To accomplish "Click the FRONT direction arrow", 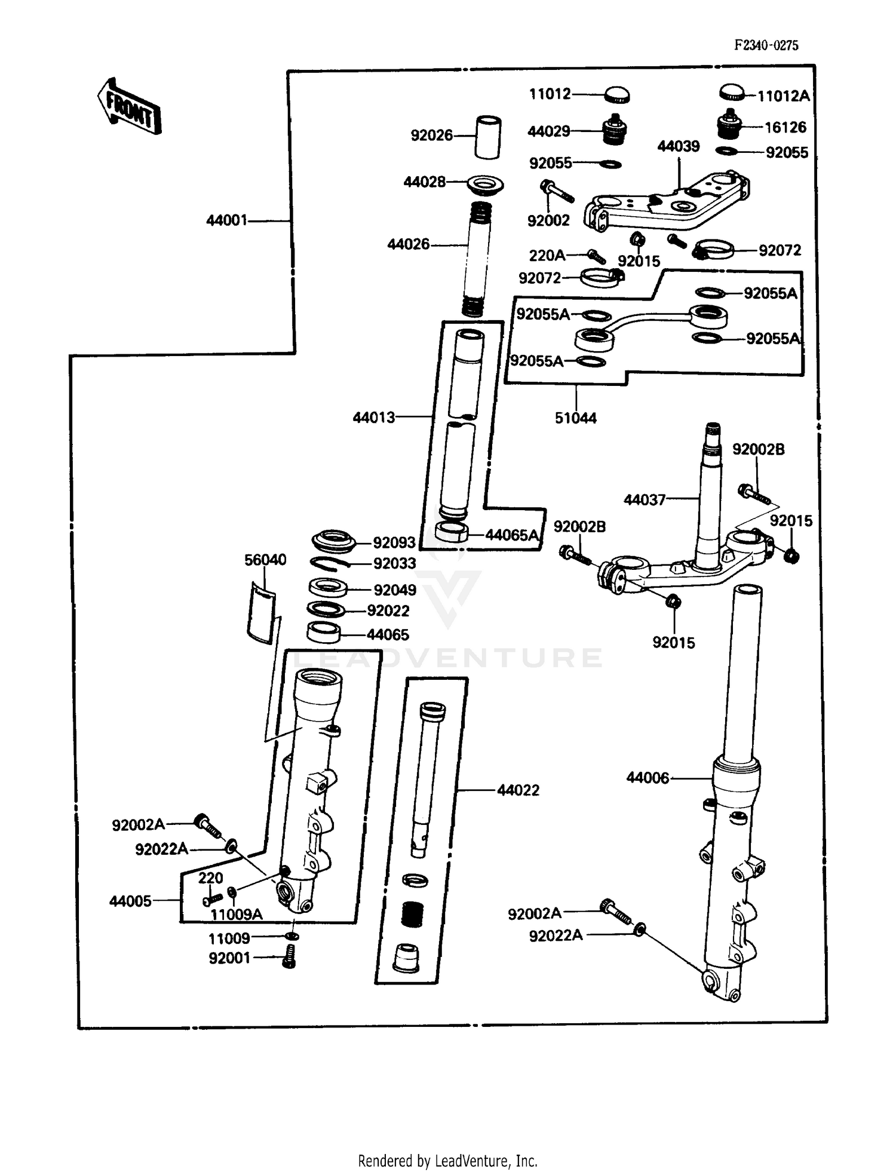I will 129,106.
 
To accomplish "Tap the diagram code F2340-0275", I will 766,45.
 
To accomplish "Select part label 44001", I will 226,221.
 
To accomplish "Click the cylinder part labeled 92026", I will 487,137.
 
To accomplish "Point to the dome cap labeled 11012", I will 617,94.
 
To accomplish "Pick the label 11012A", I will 783,96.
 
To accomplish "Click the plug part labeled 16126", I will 728,123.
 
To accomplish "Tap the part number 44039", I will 678,147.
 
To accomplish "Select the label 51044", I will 575,418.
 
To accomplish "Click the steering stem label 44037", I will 645,500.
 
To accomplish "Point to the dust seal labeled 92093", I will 334,541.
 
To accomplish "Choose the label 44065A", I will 512,535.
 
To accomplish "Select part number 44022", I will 518,791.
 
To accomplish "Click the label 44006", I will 648,778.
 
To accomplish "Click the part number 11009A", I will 236,915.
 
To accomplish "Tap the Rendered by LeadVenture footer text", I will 447,1161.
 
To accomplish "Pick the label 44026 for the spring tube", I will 408,244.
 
